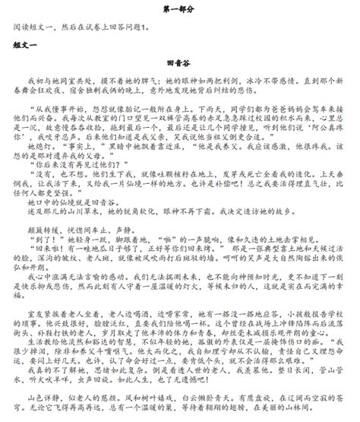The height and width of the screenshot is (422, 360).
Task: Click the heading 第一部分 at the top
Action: pyautogui.click(x=179, y=8)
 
